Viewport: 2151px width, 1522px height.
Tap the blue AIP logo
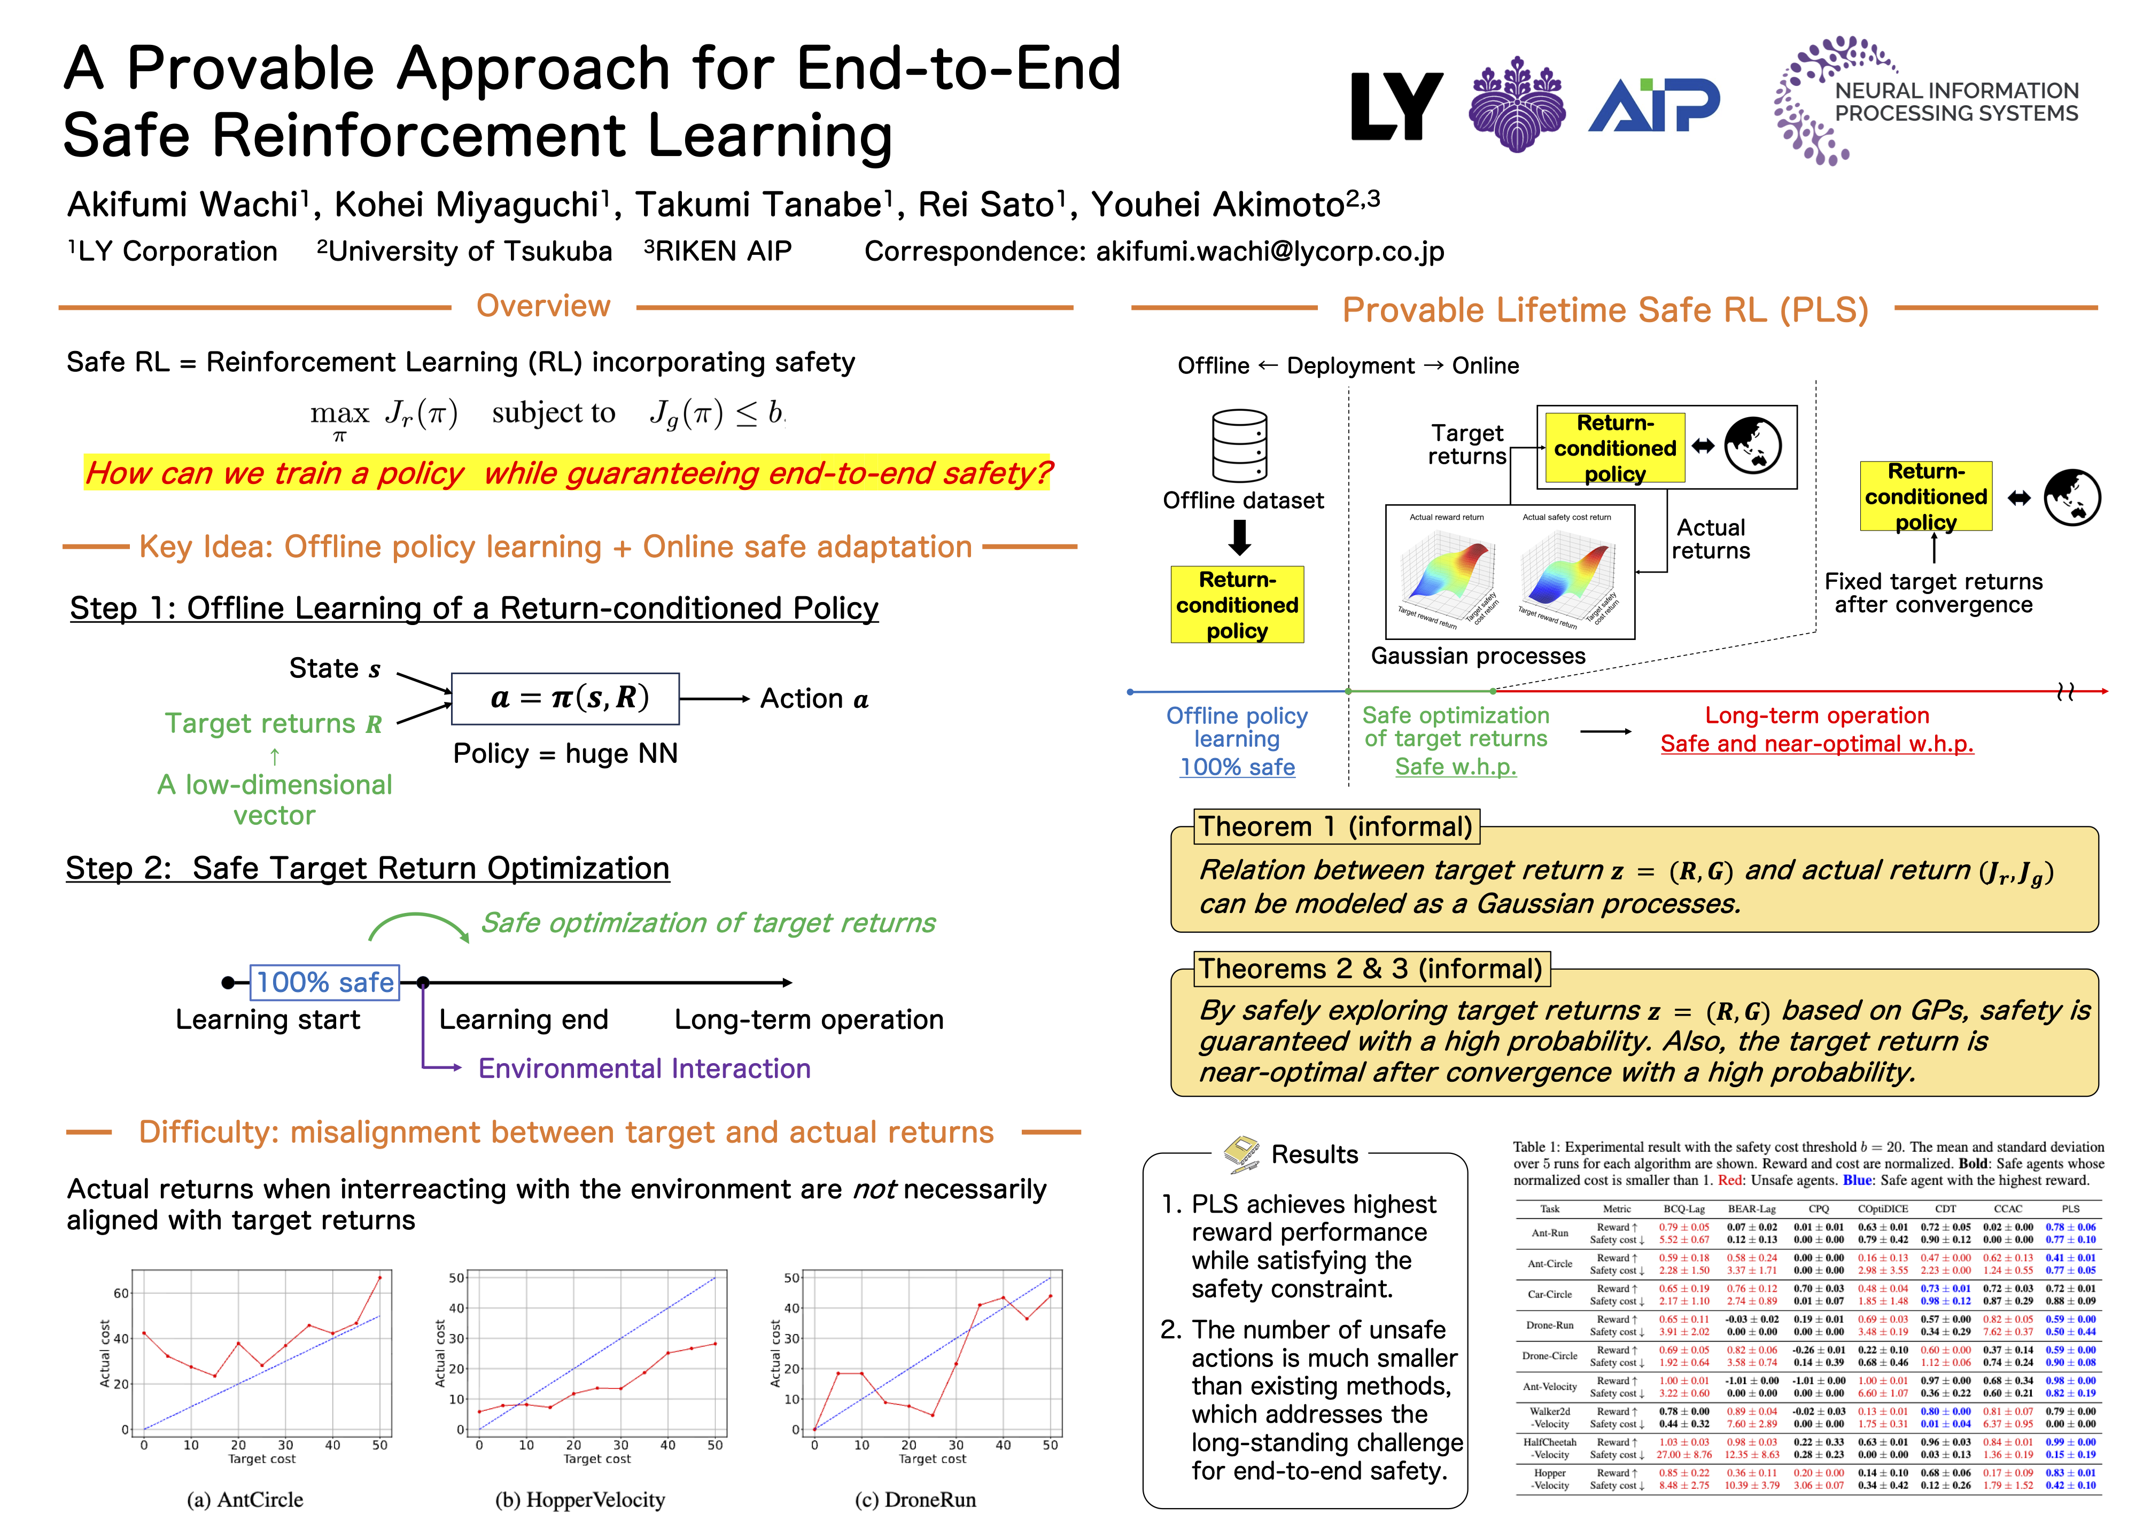(x=1654, y=105)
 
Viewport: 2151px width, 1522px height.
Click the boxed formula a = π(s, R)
(x=565, y=698)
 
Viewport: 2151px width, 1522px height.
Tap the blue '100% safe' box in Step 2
(x=324, y=982)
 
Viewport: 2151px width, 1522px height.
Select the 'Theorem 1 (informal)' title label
(x=1335, y=826)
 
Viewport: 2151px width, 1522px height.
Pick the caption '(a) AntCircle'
(x=245, y=1500)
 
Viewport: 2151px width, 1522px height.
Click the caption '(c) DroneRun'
(x=915, y=1500)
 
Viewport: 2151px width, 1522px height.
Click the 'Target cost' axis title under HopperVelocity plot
(x=597, y=1459)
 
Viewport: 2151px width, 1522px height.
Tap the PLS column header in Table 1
(x=2070, y=1209)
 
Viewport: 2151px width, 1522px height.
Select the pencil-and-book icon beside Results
(x=1242, y=1154)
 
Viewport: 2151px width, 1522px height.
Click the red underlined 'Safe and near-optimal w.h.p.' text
(x=1816, y=744)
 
